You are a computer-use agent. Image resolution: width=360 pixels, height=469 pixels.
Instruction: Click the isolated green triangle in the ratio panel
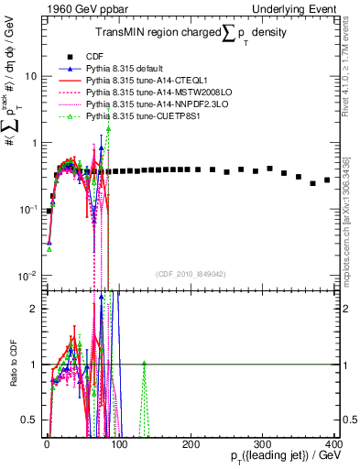click(143, 364)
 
